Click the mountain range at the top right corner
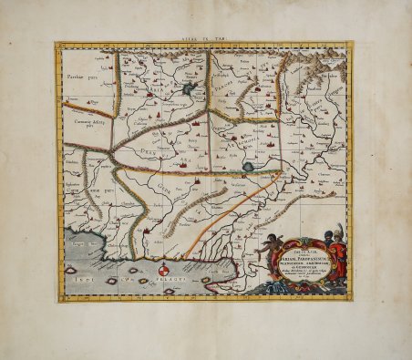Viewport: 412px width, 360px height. click(323, 59)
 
